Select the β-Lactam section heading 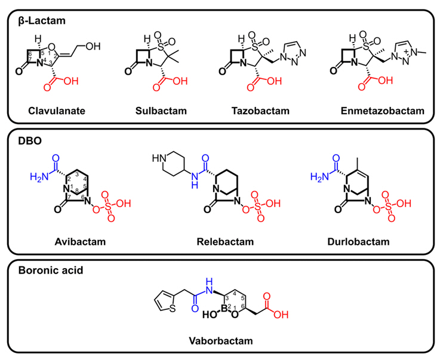[x=41, y=20]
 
